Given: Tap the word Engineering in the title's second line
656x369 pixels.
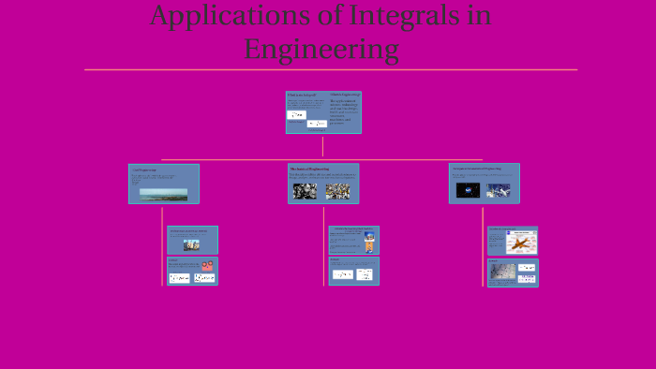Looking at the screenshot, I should click(321, 49).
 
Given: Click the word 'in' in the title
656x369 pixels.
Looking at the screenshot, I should click(478, 16).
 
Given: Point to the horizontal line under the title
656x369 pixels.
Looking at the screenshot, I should click(330, 69).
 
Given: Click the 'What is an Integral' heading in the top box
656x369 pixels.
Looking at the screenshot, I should click(302, 96).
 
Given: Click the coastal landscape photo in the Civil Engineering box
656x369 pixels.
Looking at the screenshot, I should click(163, 195).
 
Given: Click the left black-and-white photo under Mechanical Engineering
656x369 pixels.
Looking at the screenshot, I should click(305, 191).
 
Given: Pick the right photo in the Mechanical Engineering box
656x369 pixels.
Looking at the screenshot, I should click(337, 191).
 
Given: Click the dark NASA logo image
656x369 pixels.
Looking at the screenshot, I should click(468, 190).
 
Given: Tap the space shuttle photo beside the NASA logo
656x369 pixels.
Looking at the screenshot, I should click(499, 190).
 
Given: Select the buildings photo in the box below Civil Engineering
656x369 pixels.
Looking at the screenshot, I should click(191, 245).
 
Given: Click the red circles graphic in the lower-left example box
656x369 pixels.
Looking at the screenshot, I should click(206, 266).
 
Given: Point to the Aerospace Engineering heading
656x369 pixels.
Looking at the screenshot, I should click(476, 169).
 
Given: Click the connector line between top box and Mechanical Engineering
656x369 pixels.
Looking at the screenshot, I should click(322, 147).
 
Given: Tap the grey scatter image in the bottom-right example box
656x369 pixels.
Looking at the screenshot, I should click(501, 272).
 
